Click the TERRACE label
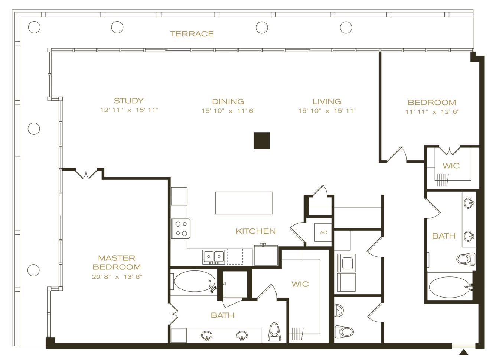click(x=192, y=34)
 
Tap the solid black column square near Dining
click(x=261, y=141)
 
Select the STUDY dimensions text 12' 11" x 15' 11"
click(x=129, y=110)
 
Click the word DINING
click(x=228, y=101)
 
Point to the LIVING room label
click(x=327, y=101)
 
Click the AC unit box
click(x=323, y=233)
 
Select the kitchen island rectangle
click(x=244, y=203)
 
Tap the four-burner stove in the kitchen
click(x=181, y=228)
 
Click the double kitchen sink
click(x=213, y=256)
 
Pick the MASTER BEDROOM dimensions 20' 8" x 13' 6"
click(x=117, y=277)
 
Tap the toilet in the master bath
click(x=274, y=331)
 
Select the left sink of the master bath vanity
click(x=207, y=336)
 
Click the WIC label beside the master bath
click(x=300, y=284)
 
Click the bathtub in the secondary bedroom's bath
click(x=449, y=287)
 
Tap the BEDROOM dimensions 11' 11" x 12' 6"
click(x=432, y=111)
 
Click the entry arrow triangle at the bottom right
click(x=463, y=352)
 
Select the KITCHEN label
click(x=256, y=231)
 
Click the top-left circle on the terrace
click(x=34, y=27)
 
